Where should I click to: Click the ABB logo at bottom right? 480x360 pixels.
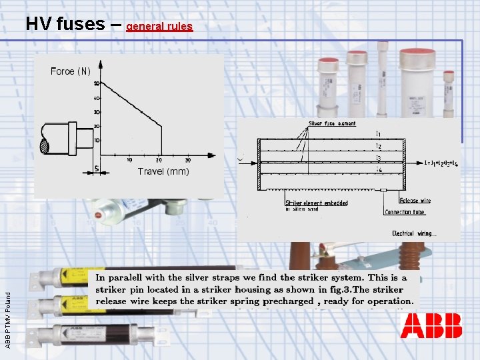click(431, 325)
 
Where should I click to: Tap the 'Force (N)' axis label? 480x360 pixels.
click(70, 71)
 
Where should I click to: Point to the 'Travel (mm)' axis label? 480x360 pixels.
click(163, 171)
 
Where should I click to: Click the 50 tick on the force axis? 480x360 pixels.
click(96, 84)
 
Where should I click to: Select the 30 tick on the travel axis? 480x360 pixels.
click(187, 160)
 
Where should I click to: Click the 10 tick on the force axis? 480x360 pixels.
click(96, 141)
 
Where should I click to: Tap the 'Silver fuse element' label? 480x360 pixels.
click(332, 123)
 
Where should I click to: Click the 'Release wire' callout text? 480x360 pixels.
click(415, 200)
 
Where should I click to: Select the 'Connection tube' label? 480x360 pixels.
click(405, 212)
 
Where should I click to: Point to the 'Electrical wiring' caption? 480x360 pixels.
click(413, 233)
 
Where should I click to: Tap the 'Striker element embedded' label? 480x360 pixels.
click(317, 203)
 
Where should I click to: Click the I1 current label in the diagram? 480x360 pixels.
click(378, 133)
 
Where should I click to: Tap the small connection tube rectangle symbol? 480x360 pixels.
click(385, 190)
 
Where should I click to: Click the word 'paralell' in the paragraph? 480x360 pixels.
click(137, 277)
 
